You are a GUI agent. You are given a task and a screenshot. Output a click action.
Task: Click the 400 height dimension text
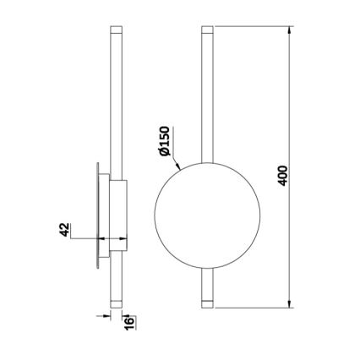click(284, 175)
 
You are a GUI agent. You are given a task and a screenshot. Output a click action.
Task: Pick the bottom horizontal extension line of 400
click(254, 307)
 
